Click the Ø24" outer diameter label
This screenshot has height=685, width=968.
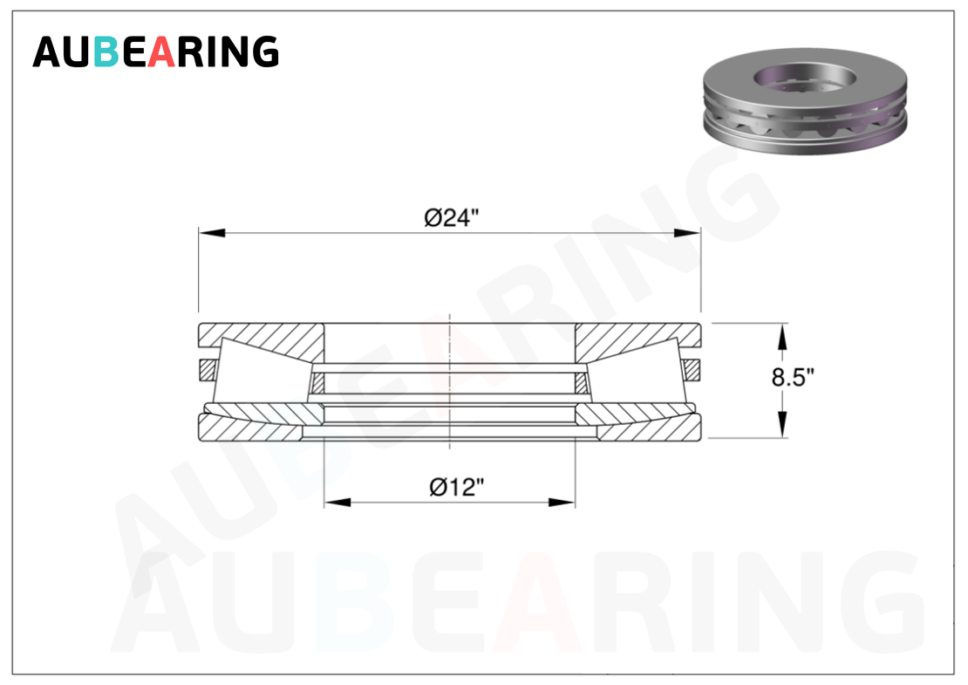[x=451, y=218]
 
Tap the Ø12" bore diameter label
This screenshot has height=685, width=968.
[x=456, y=487]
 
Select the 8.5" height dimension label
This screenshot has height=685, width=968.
[x=793, y=377]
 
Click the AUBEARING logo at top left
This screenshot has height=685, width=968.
[x=155, y=51]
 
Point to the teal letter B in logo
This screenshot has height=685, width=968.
[x=106, y=51]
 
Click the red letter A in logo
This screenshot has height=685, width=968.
[x=162, y=51]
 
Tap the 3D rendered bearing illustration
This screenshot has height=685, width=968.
[x=805, y=100]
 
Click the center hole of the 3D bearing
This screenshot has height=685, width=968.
[x=805, y=77]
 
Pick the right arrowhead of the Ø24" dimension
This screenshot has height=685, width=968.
[x=687, y=233]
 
